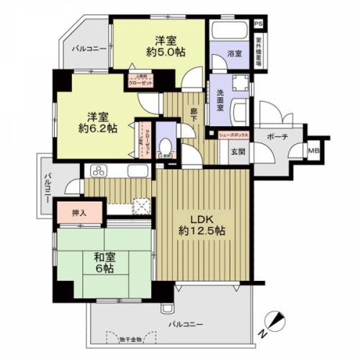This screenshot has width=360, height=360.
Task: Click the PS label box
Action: pyautogui.click(x=258, y=23)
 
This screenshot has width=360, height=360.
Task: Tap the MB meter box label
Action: pyautogui.click(x=313, y=150)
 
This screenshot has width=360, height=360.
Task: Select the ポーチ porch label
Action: pyautogui.click(x=277, y=136)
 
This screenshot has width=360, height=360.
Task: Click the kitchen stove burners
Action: pyautogui.click(x=97, y=171)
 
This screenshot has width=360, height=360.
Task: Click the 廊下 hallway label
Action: pyautogui.click(x=193, y=114)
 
